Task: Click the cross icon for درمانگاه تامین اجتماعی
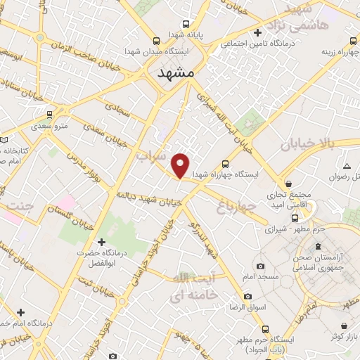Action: point(259,32)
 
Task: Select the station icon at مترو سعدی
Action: point(49,114)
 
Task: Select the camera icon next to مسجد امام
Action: point(261,266)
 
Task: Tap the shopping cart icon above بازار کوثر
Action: point(343,326)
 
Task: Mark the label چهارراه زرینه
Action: point(336,51)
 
